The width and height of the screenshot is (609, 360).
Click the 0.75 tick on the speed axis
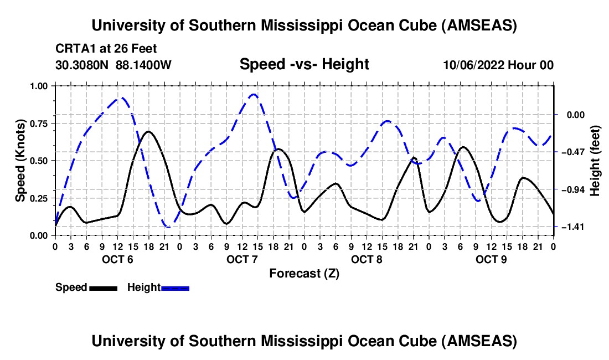coord(38,123)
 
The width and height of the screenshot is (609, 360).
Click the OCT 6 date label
coord(117,259)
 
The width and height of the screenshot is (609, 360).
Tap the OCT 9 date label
coord(491,259)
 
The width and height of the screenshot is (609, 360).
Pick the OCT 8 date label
coord(367,259)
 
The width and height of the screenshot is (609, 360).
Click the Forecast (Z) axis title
coord(304,273)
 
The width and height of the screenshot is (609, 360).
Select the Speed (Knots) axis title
coord(20,161)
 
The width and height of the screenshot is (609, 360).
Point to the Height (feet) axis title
coord(595,161)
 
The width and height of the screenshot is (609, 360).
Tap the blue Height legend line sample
coord(175,287)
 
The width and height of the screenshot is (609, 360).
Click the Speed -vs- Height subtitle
coord(304,64)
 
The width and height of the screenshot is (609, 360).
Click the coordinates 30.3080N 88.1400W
coord(113,65)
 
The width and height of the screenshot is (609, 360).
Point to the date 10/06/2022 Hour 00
coord(498,65)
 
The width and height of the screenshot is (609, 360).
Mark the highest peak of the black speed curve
coord(148,131)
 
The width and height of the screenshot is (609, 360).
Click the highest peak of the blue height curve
coord(254,94)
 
